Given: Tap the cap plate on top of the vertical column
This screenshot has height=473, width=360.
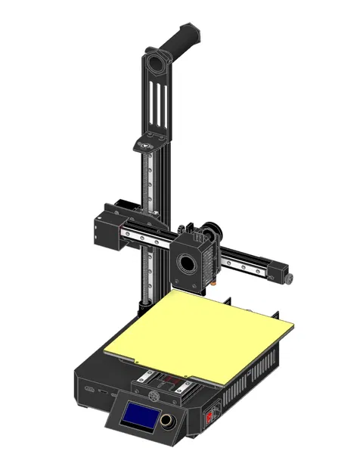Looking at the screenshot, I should point(146,144).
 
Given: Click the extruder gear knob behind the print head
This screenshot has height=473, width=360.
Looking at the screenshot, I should point(215,231).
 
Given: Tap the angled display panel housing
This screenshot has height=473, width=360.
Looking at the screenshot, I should point(147,420).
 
